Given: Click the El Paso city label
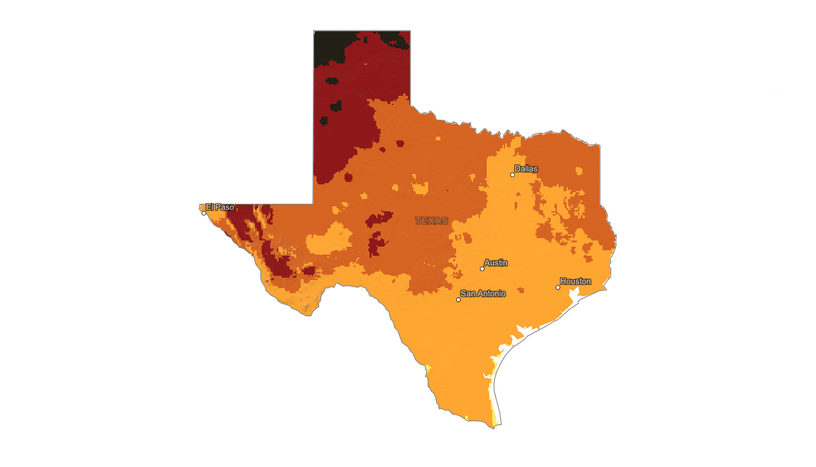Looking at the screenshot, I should (220, 208).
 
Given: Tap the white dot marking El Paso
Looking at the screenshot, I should (204, 213).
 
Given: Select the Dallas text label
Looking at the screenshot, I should (526, 168).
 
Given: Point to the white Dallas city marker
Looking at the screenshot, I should (512, 175).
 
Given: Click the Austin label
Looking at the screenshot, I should (495, 262).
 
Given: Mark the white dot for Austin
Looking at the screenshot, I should (482, 269).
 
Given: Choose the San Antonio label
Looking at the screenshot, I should (482, 294).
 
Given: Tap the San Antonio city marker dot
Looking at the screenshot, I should (459, 300).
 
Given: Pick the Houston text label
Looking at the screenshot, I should (575, 281).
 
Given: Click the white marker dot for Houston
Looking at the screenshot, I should (558, 288).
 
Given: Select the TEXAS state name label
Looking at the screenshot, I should (432, 220).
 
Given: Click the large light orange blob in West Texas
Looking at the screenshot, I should (329, 239).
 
